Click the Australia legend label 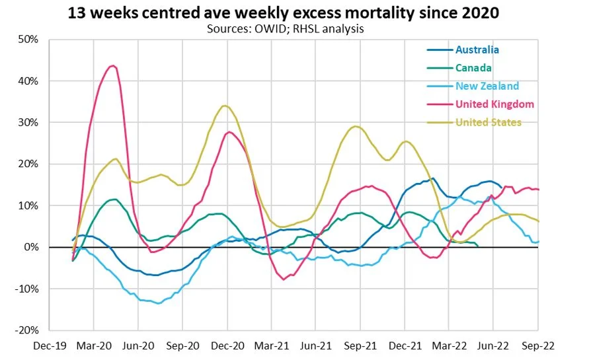click(x=477, y=50)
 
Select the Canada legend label click(x=473, y=67)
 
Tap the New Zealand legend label click(x=487, y=86)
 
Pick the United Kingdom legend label click(x=494, y=104)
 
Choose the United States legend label click(x=489, y=122)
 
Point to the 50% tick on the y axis click(x=28, y=40)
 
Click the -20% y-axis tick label click(x=27, y=330)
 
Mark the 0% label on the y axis click(x=32, y=247)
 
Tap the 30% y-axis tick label click(x=28, y=123)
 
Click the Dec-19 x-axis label click(x=50, y=345)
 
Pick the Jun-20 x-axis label click(x=138, y=345)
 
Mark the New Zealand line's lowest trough click(x=157, y=303)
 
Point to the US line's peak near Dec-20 click(x=225, y=106)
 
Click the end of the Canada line click(x=478, y=246)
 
